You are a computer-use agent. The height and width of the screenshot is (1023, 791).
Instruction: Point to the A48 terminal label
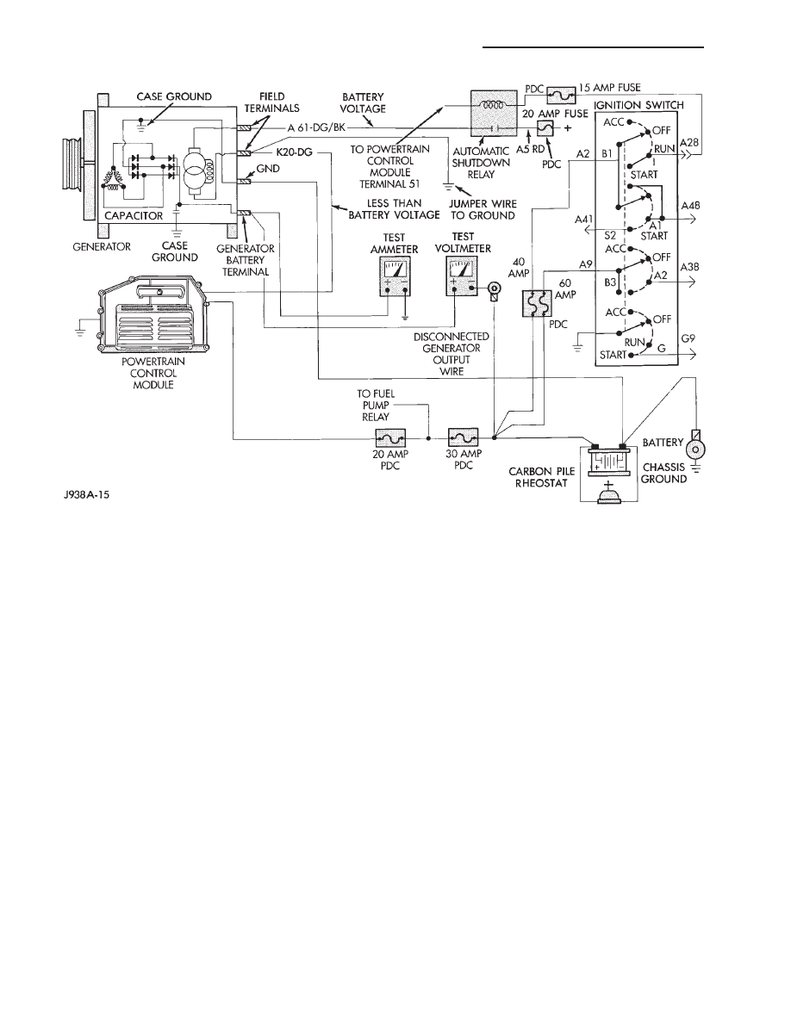[691, 207]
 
